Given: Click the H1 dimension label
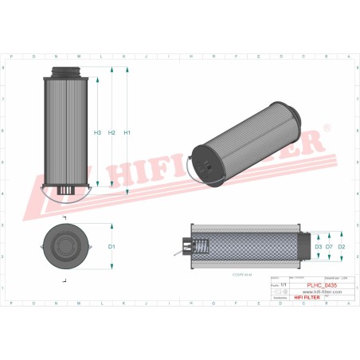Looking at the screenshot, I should pyautogui.click(x=127, y=132).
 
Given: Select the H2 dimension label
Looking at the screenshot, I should pyautogui.click(x=112, y=132).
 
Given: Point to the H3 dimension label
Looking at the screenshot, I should pyautogui.click(x=97, y=132).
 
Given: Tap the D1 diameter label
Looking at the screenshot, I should pyautogui.click(x=112, y=247).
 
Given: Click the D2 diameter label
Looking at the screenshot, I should pyautogui.click(x=342, y=247).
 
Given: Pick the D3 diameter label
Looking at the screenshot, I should pyautogui.click(x=318, y=247).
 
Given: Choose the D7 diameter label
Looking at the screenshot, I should pyautogui.click(x=330, y=247).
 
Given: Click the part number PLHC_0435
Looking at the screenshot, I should pyautogui.click(x=322, y=285).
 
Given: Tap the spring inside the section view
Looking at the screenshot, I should pyautogui.click(x=202, y=247).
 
